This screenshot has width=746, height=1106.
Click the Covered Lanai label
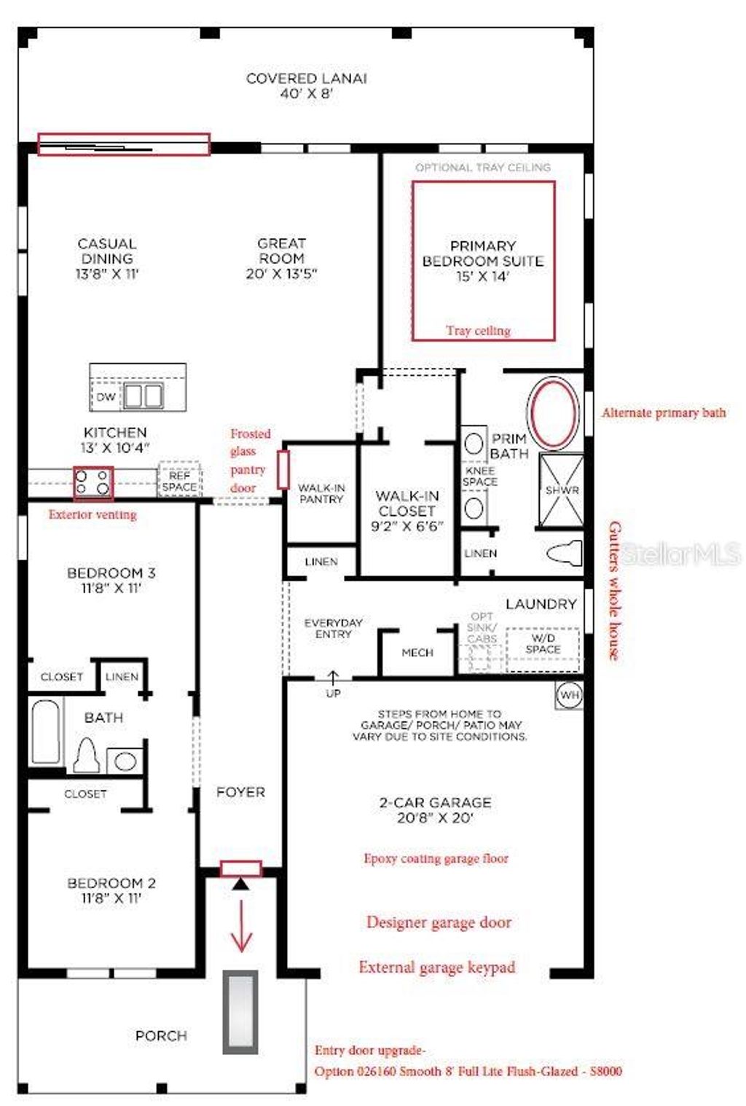[306, 85]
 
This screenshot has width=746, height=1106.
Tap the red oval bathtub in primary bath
[554, 413]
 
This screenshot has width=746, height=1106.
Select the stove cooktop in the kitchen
[93, 482]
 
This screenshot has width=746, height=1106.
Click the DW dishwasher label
[106, 397]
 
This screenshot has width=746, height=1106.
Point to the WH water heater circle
[569, 695]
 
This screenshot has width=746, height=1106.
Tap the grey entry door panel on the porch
[240, 1011]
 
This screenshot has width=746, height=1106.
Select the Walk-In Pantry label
[321, 493]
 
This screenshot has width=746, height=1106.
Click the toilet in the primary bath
[565, 553]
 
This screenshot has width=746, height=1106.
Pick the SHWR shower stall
[562, 490]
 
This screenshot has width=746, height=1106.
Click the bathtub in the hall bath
[45, 732]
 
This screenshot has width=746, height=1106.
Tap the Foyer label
[240, 792]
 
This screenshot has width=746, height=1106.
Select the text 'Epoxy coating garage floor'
[436, 858]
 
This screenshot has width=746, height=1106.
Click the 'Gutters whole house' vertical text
[614, 591]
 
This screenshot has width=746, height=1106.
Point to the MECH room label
[417, 653]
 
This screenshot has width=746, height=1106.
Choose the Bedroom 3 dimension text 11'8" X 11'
[111, 589]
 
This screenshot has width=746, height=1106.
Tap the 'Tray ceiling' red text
[478, 331]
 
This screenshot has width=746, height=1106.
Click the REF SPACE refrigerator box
[179, 481]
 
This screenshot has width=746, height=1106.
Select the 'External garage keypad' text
[436, 968]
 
